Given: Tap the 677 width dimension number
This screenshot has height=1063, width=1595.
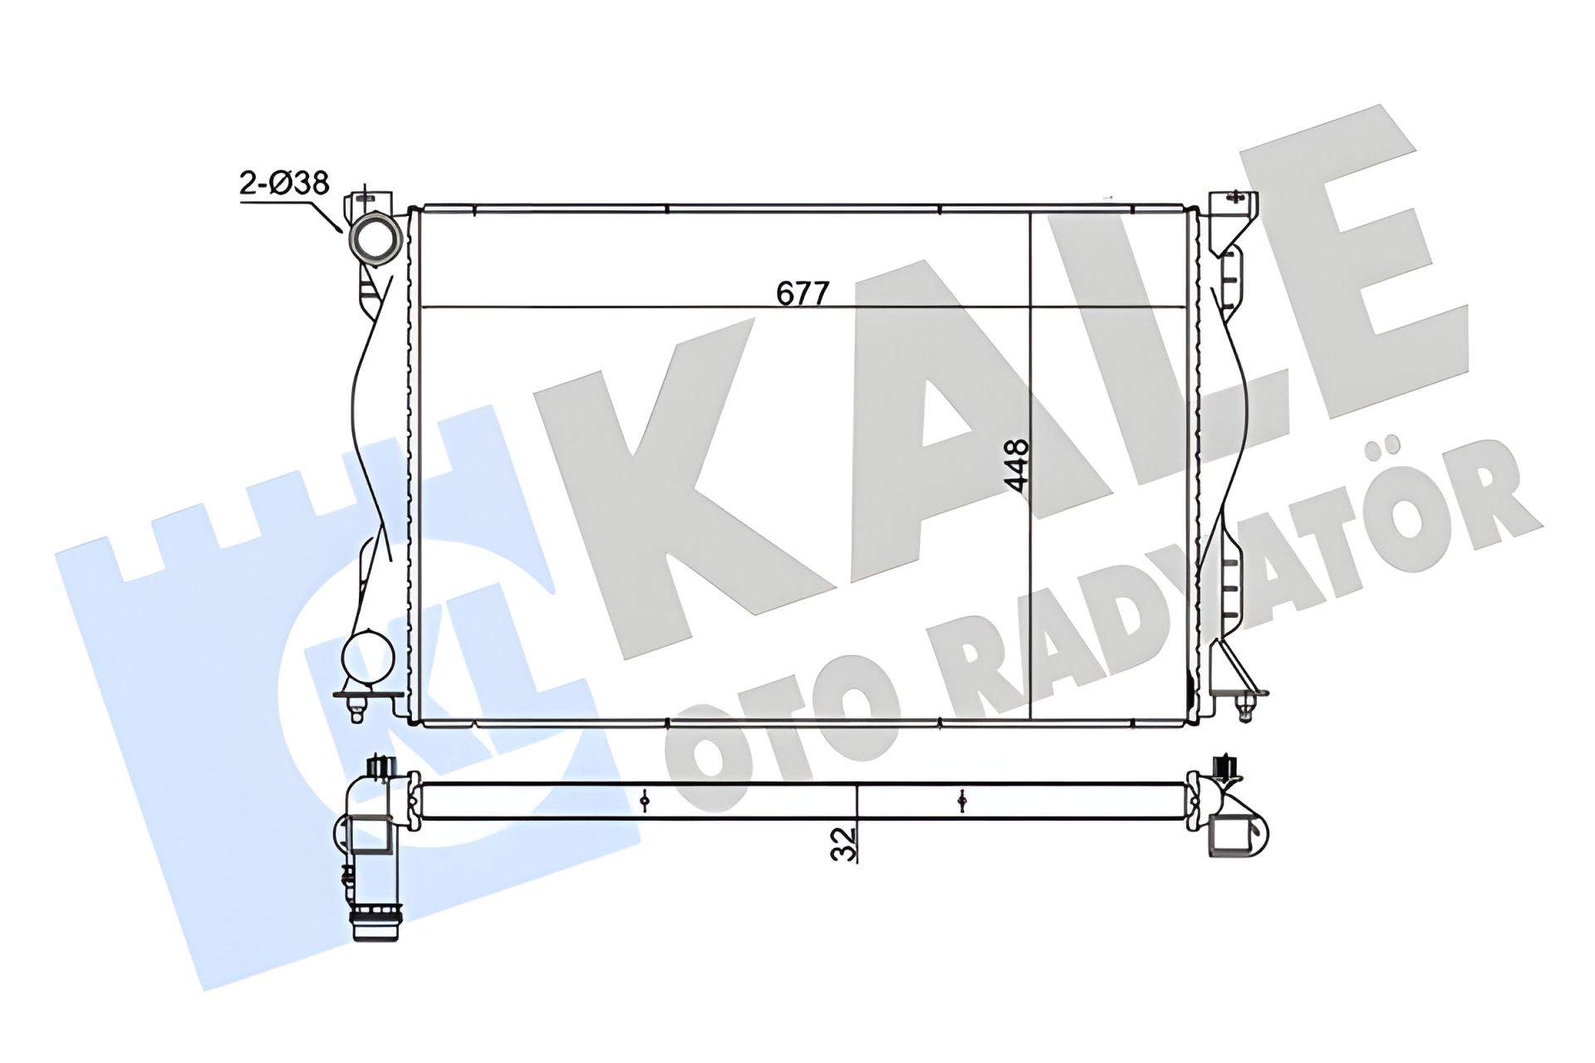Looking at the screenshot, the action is [803, 293].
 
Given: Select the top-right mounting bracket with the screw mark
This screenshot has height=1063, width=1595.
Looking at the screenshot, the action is [1233, 218].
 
